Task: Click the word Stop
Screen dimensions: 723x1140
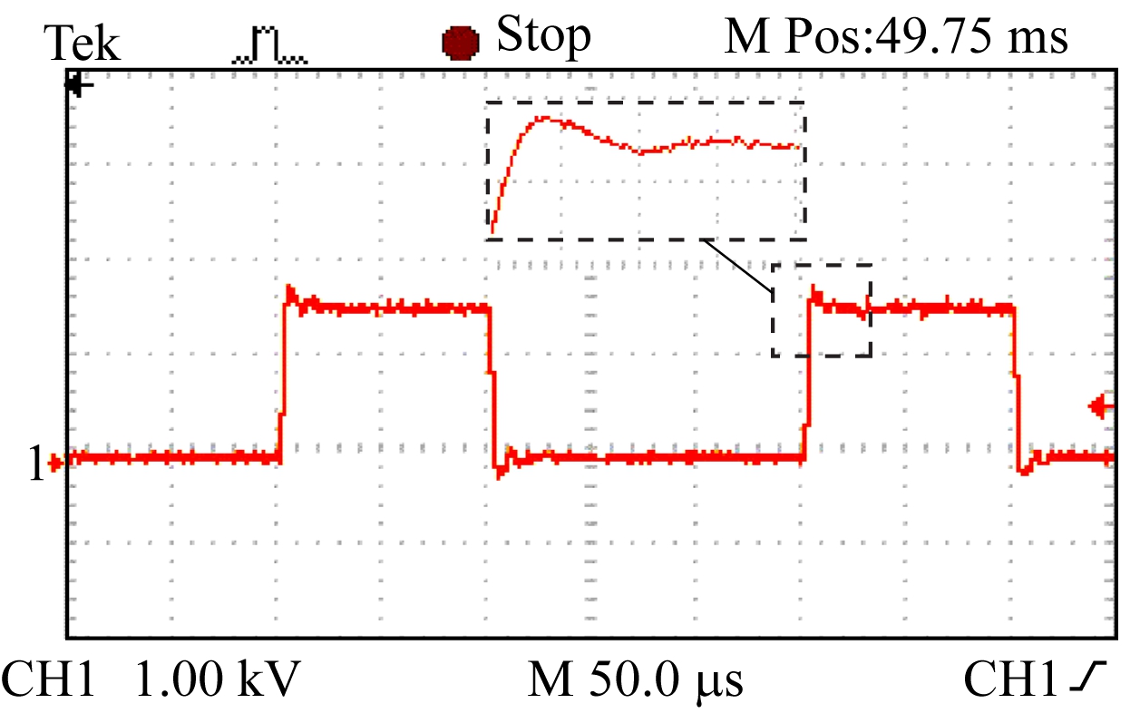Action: click(543, 36)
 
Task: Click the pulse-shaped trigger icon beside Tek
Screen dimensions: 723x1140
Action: click(271, 46)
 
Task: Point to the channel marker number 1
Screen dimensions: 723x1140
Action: click(35, 464)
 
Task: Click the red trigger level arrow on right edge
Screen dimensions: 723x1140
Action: click(1101, 407)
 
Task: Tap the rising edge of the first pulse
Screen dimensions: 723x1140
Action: click(283, 381)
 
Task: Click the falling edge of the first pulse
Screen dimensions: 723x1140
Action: click(493, 381)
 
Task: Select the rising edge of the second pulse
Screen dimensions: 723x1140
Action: click(807, 381)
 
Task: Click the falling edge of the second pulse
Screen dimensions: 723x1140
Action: click(1016, 381)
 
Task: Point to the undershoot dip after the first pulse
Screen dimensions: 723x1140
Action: click(501, 472)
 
